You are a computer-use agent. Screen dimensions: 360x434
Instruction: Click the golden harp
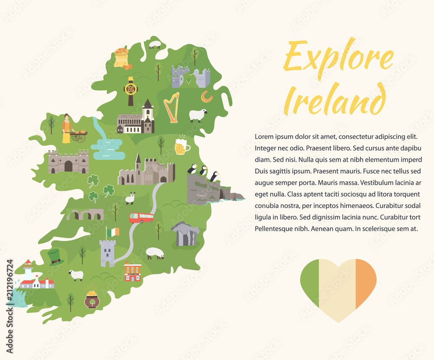tap(171, 107)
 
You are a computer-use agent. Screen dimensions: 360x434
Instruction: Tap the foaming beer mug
tap(181, 147)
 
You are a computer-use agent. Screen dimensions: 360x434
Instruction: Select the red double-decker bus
tap(141, 218)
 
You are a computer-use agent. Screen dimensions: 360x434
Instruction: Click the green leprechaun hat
tap(55, 257)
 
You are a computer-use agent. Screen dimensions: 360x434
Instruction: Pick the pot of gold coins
tap(92, 298)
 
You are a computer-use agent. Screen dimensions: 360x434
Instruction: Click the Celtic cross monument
tap(131, 90)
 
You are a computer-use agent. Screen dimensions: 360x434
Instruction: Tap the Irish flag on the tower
tap(113, 232)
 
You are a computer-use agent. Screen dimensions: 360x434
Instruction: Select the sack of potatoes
tap(121, 58)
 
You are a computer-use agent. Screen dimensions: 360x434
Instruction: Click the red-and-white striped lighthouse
tap(28, 270)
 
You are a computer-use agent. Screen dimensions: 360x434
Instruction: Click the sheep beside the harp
tap(198, 115)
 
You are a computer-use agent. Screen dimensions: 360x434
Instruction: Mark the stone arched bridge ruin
tap(85, 215)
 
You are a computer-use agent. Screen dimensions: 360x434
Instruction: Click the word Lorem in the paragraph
tap(264, 136)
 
